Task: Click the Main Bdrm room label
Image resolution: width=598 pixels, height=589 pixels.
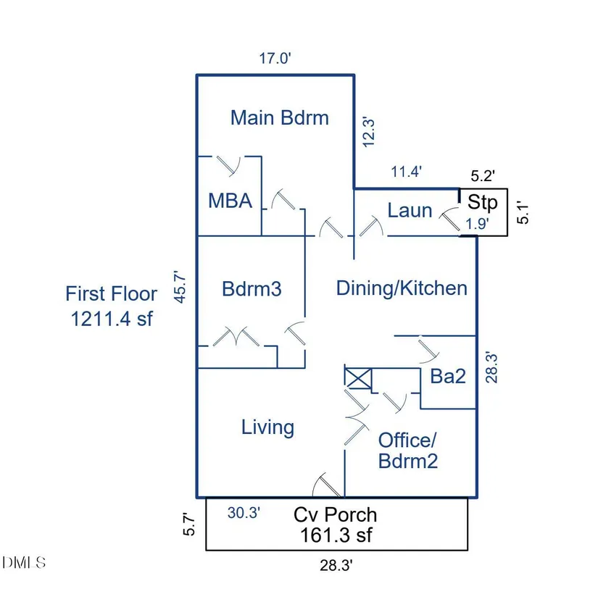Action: [279, 117]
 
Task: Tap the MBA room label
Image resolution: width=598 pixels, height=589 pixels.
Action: [230, 201]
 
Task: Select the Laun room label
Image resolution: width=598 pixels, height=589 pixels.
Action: [410, 211]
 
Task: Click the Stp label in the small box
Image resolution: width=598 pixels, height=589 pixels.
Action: [482, 201]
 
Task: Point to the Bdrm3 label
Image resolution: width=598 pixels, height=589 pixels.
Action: [251, 289]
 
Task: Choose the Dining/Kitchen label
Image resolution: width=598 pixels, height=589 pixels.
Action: [402, 288]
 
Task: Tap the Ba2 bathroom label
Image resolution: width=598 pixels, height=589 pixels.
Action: [447, 376]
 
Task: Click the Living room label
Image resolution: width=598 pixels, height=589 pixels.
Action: [267, 427]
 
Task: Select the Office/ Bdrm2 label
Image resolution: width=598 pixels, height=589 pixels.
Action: [408, 450]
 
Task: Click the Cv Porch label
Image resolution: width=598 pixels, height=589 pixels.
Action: [335, 514]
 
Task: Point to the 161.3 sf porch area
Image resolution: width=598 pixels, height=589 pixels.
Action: [336, 535]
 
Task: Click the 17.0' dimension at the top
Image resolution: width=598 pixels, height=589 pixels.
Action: [275, 59]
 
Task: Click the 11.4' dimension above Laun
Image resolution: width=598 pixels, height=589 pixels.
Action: [406, 172]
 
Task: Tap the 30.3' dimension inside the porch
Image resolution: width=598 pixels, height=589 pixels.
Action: [244, 513]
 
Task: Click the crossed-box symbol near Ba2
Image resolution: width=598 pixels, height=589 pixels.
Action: [357, 378]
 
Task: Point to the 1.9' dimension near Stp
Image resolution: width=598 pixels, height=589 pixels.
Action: [476, 224]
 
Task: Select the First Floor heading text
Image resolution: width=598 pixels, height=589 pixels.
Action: [111, 293]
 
